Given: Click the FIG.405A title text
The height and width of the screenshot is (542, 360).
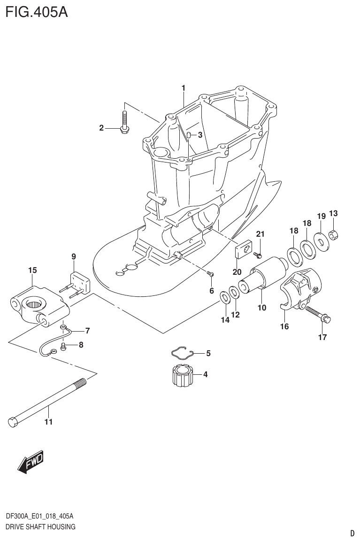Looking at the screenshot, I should pyautogui.click(x=36, y=12).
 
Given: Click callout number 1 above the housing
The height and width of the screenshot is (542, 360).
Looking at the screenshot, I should pyautogui.click(x=184, y=87).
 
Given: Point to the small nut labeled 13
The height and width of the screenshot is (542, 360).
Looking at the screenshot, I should pyautogui.click(x=334, y=233).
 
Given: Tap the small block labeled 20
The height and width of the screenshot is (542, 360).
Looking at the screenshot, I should pyautogui.click(x=242, y=249).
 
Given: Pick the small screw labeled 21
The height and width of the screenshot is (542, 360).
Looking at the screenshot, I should pyautogui.click(x=257, y=255).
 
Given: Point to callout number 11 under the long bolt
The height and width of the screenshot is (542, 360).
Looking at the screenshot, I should pyautogui.click(x=48, y=422).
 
